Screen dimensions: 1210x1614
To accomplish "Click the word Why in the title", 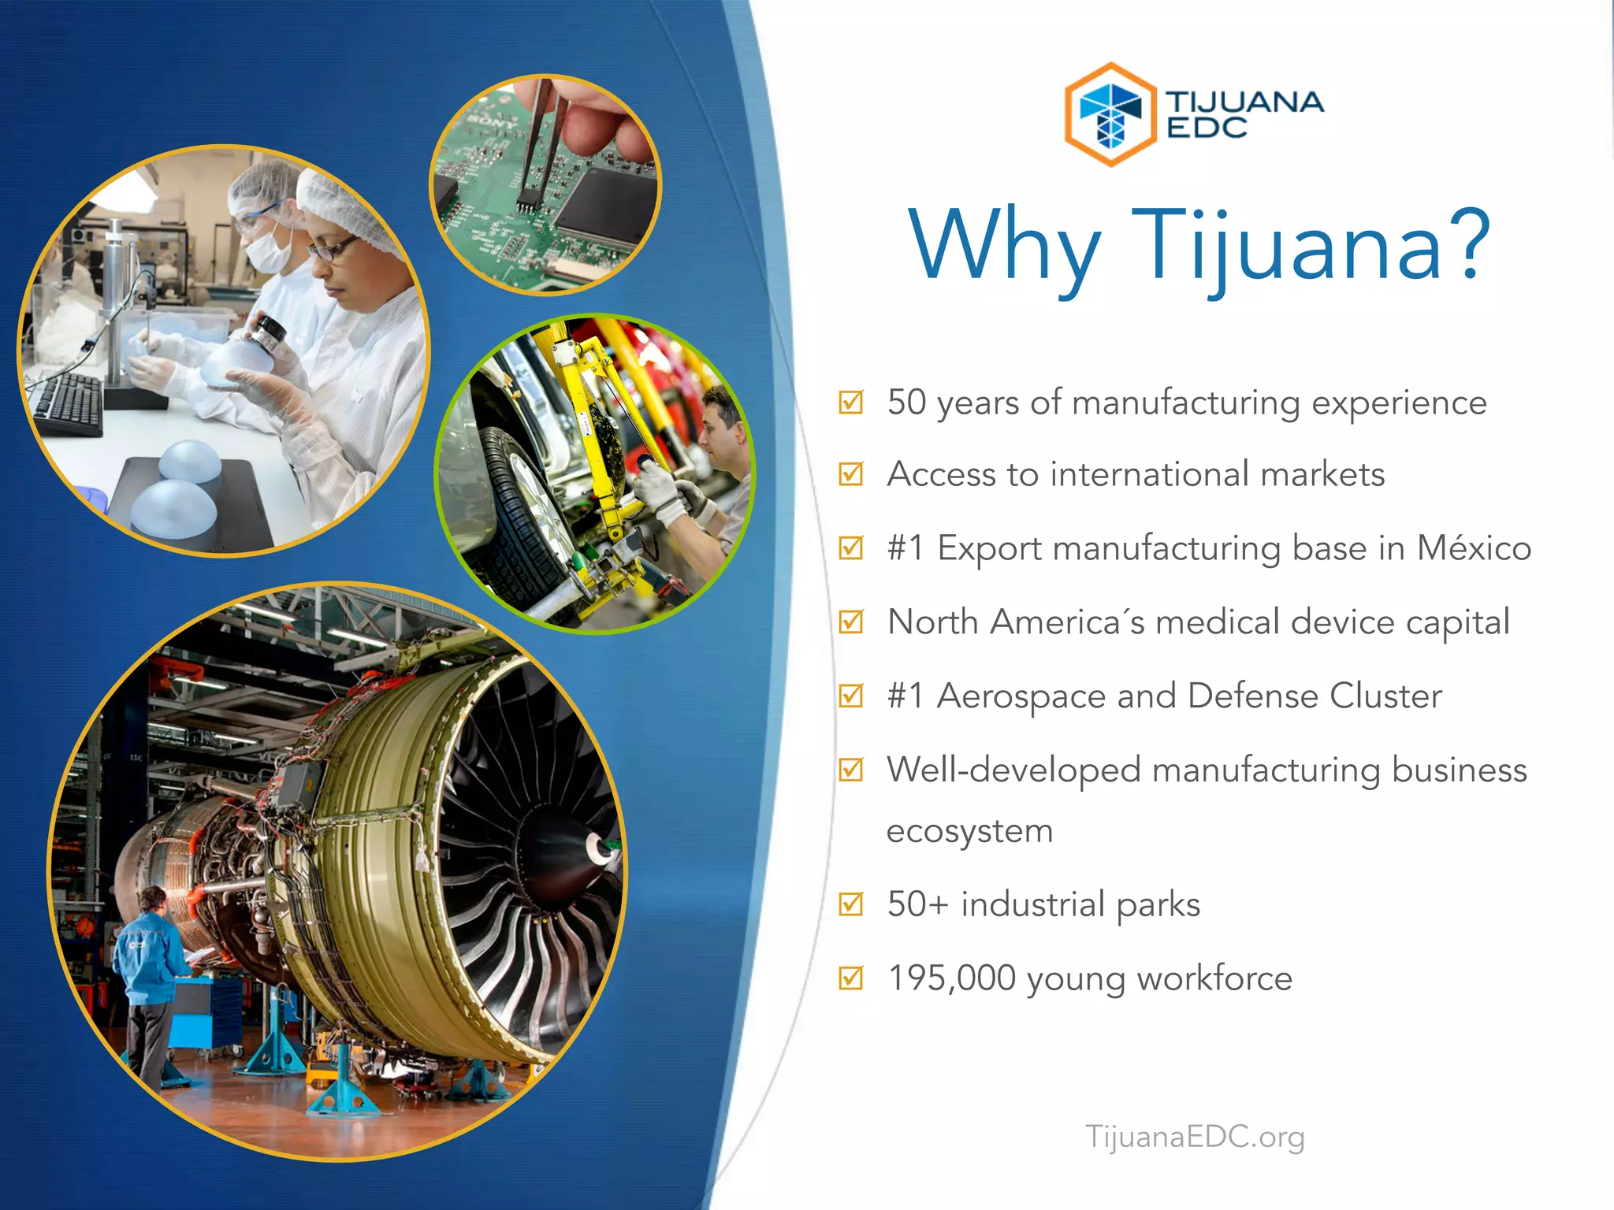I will [1004, 246].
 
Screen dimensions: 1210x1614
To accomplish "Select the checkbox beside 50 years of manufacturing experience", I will [851, 402].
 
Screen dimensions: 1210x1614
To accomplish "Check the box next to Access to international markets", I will [851, 474].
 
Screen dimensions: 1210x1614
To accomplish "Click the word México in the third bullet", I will [1474, 548].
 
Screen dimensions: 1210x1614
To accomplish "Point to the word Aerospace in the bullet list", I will [1021, 696].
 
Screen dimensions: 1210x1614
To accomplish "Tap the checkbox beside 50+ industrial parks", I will [851, 904].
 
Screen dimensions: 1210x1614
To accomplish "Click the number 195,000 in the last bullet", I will [951, 978].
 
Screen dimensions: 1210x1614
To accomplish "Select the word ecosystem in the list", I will [969, 832].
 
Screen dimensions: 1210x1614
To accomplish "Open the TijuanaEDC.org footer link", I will [1195, 1137].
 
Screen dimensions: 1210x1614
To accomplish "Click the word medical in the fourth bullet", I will [1218, 622].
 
